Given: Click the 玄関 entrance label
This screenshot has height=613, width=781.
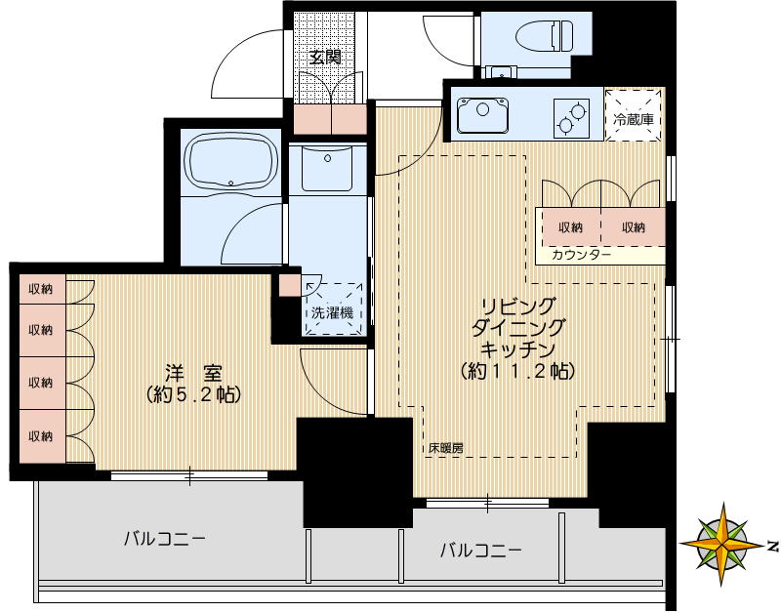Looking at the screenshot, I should (x=325, y=57).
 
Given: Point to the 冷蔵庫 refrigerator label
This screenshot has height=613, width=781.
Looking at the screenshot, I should (x=633, y=119).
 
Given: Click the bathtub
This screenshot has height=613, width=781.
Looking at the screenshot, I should (x=228, y=161).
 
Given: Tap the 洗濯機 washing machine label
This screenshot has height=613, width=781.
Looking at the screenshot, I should (x=331, y=313).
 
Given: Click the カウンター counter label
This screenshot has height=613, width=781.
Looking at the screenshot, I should (x=582, y=255).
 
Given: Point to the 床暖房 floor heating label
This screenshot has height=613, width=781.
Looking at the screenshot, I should (x=445, y=449).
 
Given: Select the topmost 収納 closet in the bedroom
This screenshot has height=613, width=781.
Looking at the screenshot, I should (x=40, y=289).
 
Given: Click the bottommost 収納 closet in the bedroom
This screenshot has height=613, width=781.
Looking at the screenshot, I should (x=40, y=435).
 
